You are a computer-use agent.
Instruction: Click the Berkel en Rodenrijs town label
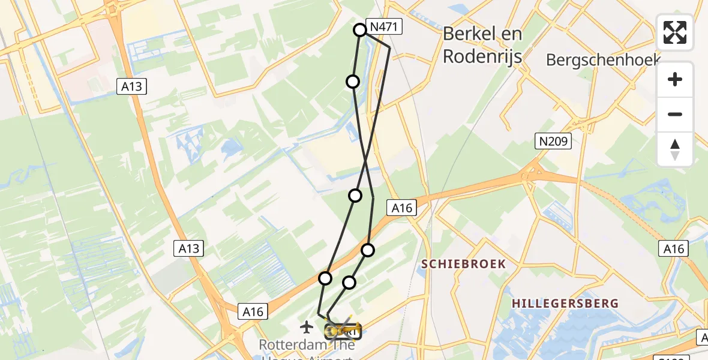(x=482, y=45)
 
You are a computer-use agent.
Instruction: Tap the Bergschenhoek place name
(x=604, y=59)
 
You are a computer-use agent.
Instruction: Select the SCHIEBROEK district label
(x=463, y=264)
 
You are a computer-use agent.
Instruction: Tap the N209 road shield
(x=553, y=142)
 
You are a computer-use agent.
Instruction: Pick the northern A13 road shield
(x=131, y=86)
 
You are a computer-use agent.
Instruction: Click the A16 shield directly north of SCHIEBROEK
(x=401, y=208)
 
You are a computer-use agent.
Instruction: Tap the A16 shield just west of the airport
(x=254, y=311)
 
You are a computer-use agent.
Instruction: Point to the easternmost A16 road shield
(x=675, y=248)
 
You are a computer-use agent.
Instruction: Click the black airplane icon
(x=307, y=327)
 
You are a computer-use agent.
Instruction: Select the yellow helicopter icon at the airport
(x=344, y=330)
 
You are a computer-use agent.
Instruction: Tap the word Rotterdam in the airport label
(x=286, y=346)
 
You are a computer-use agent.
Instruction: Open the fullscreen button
(x=675, y=32)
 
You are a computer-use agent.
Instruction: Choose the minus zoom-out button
(x=675, y=115)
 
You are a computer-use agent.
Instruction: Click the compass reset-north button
(x=675, y=149)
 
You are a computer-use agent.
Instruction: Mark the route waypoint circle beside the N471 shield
(x=360, y=29)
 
